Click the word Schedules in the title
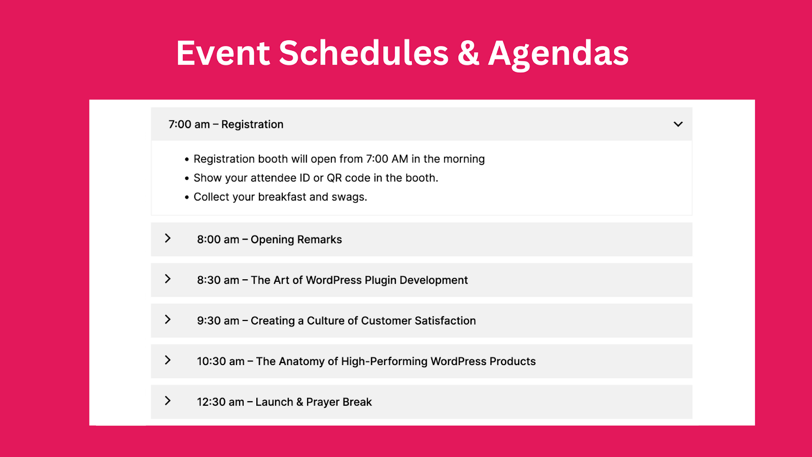tap(363, 53)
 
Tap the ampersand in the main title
tap(468, 53)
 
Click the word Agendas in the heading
tap(558, 54)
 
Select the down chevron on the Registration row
tap(678, 124)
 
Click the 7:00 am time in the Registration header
tap(189, 124)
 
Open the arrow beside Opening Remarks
tap(167, 238)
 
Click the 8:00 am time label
tap(218, 239)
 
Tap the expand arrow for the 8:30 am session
tap(167, 279)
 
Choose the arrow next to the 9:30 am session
tap(167, 319)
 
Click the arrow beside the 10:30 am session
tap(167, 360)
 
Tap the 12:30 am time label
tap(220, 402)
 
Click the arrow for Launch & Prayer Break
tap(167, 401)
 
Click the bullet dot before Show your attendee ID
tap(187, 178)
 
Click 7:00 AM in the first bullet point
tap(387, 159)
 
